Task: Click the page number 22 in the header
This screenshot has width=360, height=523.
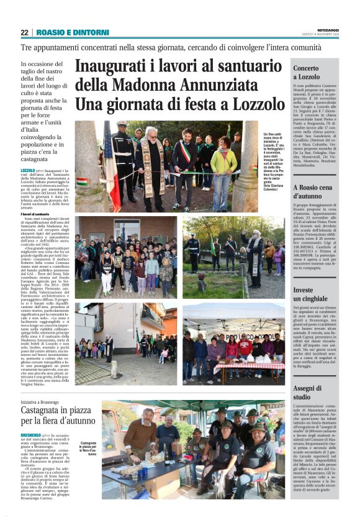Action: click(24, 32)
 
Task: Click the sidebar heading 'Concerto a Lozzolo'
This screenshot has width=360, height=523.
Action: click(306, 73)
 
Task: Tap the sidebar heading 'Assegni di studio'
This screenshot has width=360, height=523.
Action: click(306, 393)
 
